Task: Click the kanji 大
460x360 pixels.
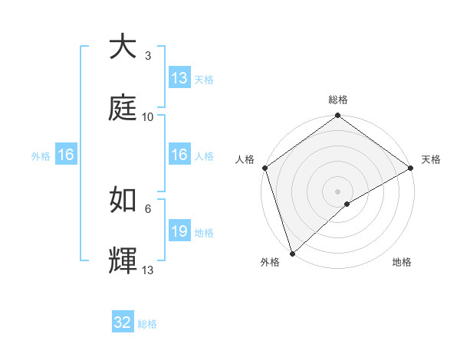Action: [123, 47]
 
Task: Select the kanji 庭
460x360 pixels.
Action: [123, 109]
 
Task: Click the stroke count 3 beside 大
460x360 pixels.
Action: [148, 56]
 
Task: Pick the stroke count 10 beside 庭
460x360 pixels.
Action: [148, 117]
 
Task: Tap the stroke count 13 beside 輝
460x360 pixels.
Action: [148, 270]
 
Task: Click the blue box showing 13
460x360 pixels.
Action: [179, 78]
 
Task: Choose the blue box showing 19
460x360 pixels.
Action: [179, 231]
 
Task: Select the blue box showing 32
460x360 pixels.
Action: [123, 323]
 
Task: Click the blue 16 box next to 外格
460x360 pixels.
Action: [66, 155]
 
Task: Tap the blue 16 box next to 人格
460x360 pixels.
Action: [179, 155]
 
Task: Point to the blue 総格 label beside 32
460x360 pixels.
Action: [147, 324]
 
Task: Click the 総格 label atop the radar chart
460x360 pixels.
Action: [338, 100]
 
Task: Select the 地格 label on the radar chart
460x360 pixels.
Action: [402, 262]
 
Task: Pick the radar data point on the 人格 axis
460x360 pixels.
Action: [264, 168]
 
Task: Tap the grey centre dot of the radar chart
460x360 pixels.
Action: [337, 191]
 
